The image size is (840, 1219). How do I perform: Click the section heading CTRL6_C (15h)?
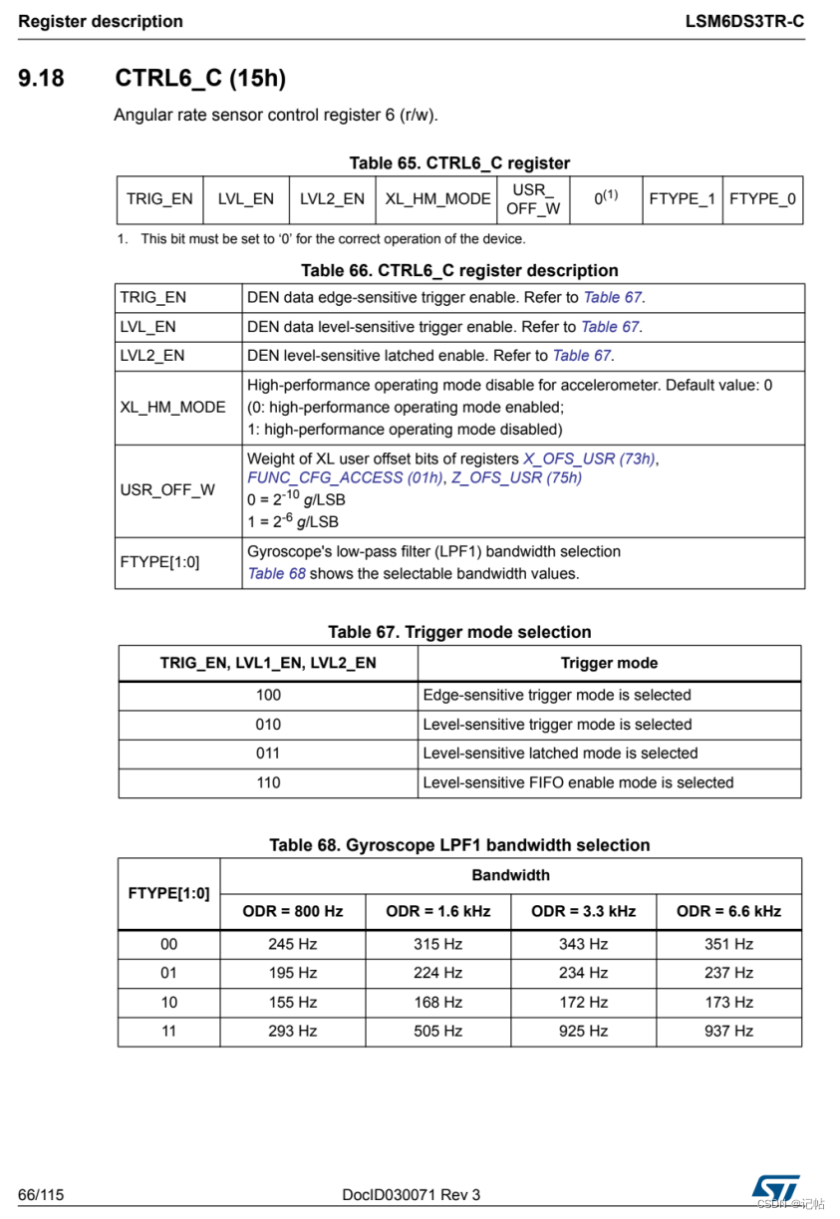point(201,78)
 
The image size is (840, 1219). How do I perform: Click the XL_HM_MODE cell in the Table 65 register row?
point(438,198)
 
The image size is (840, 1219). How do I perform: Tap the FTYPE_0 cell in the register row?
point(762,198)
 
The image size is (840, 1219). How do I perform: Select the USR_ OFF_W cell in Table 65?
point(533,198)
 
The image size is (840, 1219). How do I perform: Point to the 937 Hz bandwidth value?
point(728,1031)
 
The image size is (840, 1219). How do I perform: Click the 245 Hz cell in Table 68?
point(292,943)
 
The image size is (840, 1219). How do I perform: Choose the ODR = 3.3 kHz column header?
point(583,911)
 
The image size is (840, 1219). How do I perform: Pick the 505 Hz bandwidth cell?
point(438,1031)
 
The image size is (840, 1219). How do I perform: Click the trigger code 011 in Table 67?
point(268,754)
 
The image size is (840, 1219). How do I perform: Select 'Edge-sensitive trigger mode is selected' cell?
point(557,695)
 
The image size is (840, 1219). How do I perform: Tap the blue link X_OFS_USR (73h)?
point(590,458)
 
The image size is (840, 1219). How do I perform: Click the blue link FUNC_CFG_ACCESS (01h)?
point(345,477)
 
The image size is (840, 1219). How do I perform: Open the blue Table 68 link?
point(276,573)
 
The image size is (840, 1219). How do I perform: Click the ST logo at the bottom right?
point(775,1186)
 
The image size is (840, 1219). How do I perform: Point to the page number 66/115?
point(41,1194)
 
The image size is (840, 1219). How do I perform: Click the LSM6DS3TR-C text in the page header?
point(744,21)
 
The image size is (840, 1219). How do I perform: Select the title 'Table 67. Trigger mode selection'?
point(459,632)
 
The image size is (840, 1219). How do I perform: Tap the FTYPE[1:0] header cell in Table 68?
point(168,893)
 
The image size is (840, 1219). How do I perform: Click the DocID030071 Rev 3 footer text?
point(411,1194)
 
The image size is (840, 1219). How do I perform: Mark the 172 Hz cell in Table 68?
point(583,1002)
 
